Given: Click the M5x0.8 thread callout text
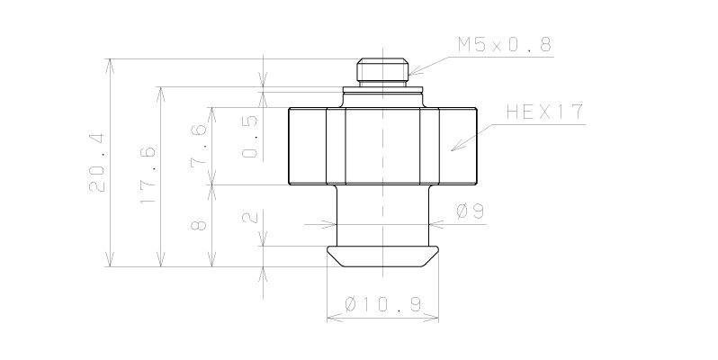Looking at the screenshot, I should pos(503,44).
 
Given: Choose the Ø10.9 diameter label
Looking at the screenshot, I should pos(382,305).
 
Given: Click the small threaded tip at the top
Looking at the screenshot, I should pos(382,69).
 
